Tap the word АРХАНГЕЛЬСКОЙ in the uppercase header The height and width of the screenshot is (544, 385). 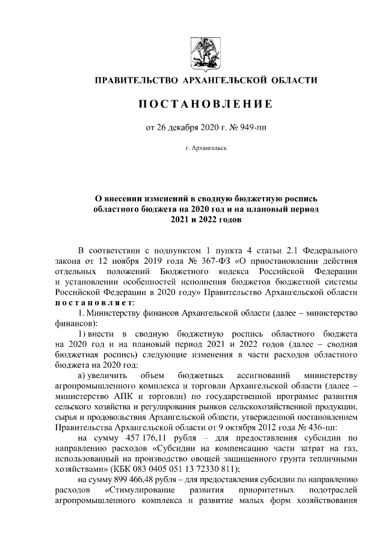pyautogui.click(x=225, y=80)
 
